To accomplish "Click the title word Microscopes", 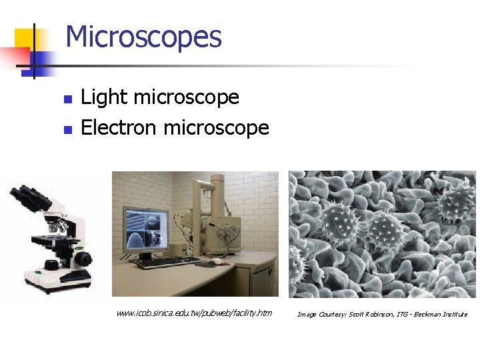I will pyautogui.click(x=143, y=37).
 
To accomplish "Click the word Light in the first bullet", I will pyautogui.click(x=103, y=97).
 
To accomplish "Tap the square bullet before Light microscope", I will pyautogui.click(x=67, y=99).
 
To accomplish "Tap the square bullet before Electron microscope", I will pyautogui.click(x=67, y=129).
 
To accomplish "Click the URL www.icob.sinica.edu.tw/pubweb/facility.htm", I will pyautogui.click(x=194, y=313).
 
